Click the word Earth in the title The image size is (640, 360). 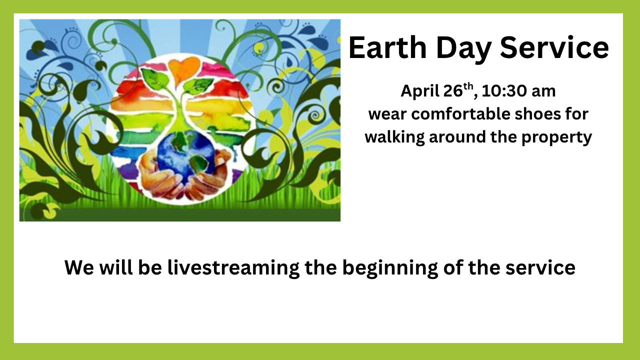coord(387,47)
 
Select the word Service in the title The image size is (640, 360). coord(554,47)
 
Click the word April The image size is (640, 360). coord(420,91)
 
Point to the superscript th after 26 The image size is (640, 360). coord(468,87)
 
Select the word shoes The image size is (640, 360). coord(537,114)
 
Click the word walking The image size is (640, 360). coord(395,137)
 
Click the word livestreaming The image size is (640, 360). coord(233,268)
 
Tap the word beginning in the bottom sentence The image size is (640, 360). coord(390,268)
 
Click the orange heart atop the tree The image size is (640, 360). coord(183,67)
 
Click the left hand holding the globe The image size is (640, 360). coord(160,177)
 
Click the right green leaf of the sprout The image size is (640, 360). coord(199,85)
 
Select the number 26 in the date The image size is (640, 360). coord(453,91)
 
